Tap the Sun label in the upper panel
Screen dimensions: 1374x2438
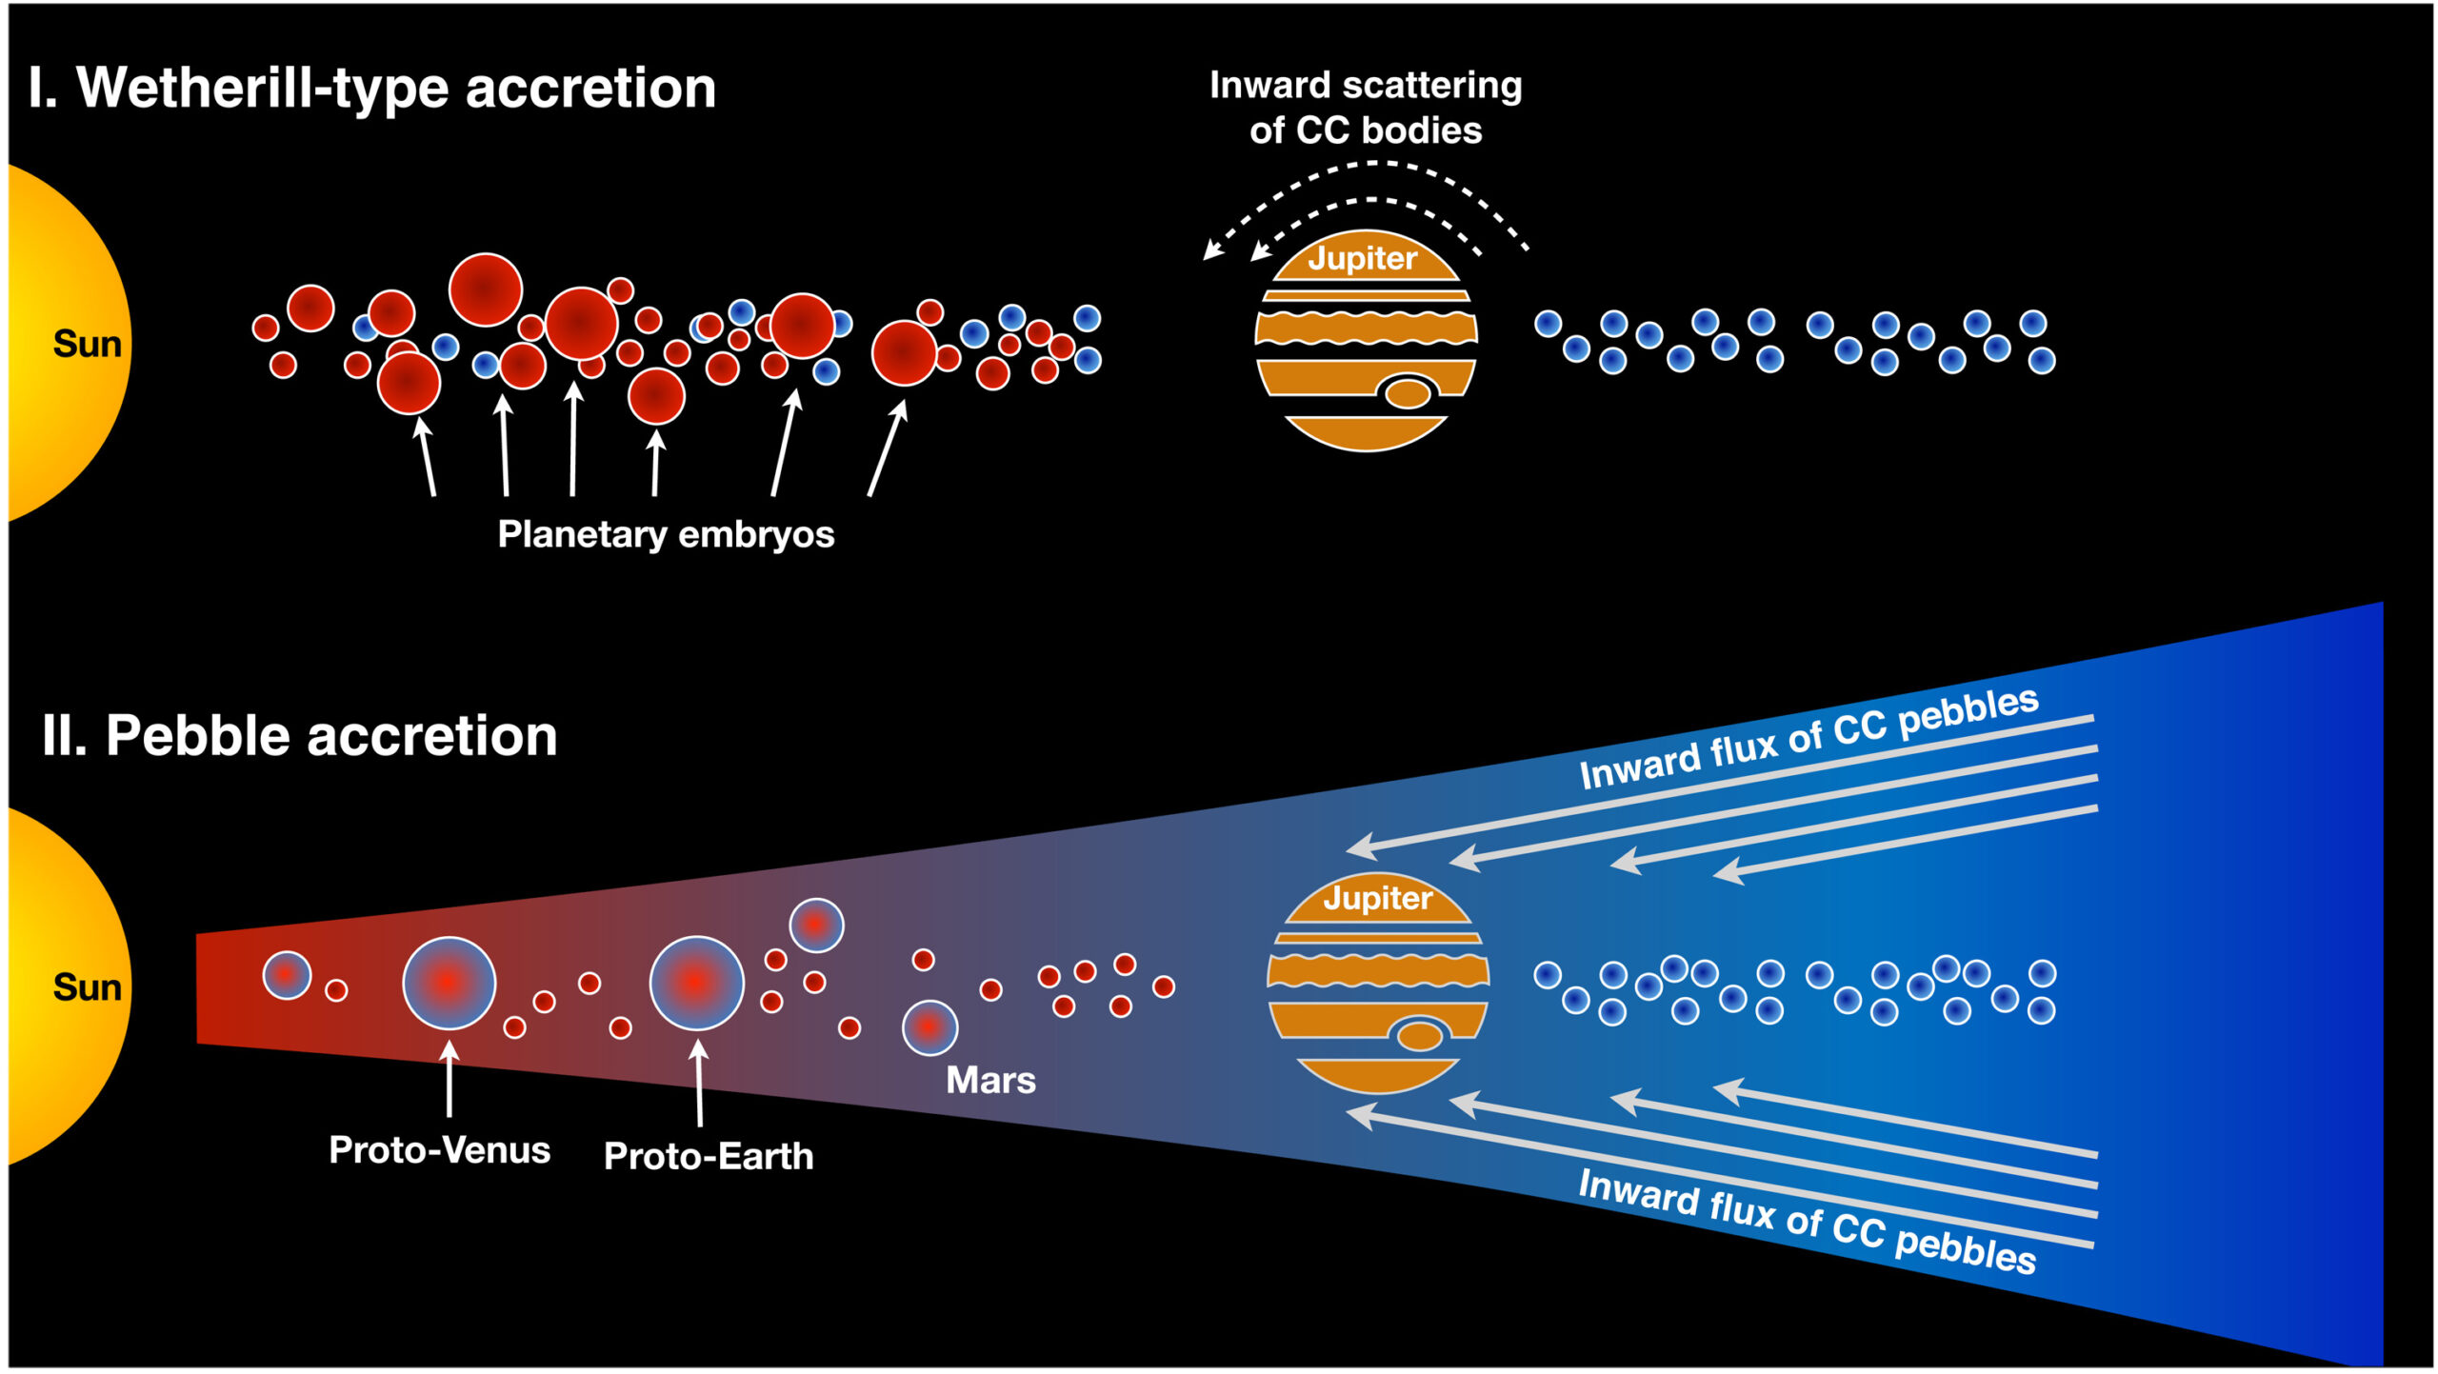87,344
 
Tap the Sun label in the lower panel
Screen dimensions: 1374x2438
87,987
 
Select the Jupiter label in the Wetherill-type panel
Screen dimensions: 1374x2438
1363,258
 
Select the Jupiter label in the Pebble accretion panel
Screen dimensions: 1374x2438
1377,898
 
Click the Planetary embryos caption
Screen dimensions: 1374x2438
666,534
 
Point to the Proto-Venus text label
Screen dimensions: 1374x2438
439,1150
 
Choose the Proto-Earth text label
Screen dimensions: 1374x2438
709,1156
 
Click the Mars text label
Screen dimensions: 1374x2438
990,1080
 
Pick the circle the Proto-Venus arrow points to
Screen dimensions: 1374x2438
449,983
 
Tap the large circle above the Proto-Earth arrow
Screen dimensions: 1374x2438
696,983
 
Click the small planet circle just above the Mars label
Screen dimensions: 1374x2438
929,1027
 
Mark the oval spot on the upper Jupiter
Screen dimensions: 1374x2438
1408,392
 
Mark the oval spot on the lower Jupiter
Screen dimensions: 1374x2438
1420,1035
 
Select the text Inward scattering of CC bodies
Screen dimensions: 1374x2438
1366,108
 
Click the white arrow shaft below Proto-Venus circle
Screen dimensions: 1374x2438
449,1085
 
